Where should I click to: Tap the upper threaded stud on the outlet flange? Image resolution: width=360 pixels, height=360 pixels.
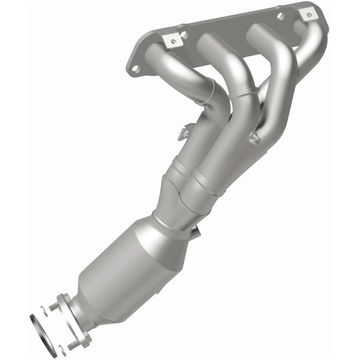pos(54,307)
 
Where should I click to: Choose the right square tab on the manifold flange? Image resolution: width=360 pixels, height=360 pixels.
pos(308,14)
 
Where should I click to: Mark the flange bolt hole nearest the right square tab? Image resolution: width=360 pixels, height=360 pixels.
pos(280,15)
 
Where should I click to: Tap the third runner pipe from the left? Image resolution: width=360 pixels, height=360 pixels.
pos(280,67)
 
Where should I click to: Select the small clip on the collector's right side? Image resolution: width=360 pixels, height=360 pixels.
pos(254,138)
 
